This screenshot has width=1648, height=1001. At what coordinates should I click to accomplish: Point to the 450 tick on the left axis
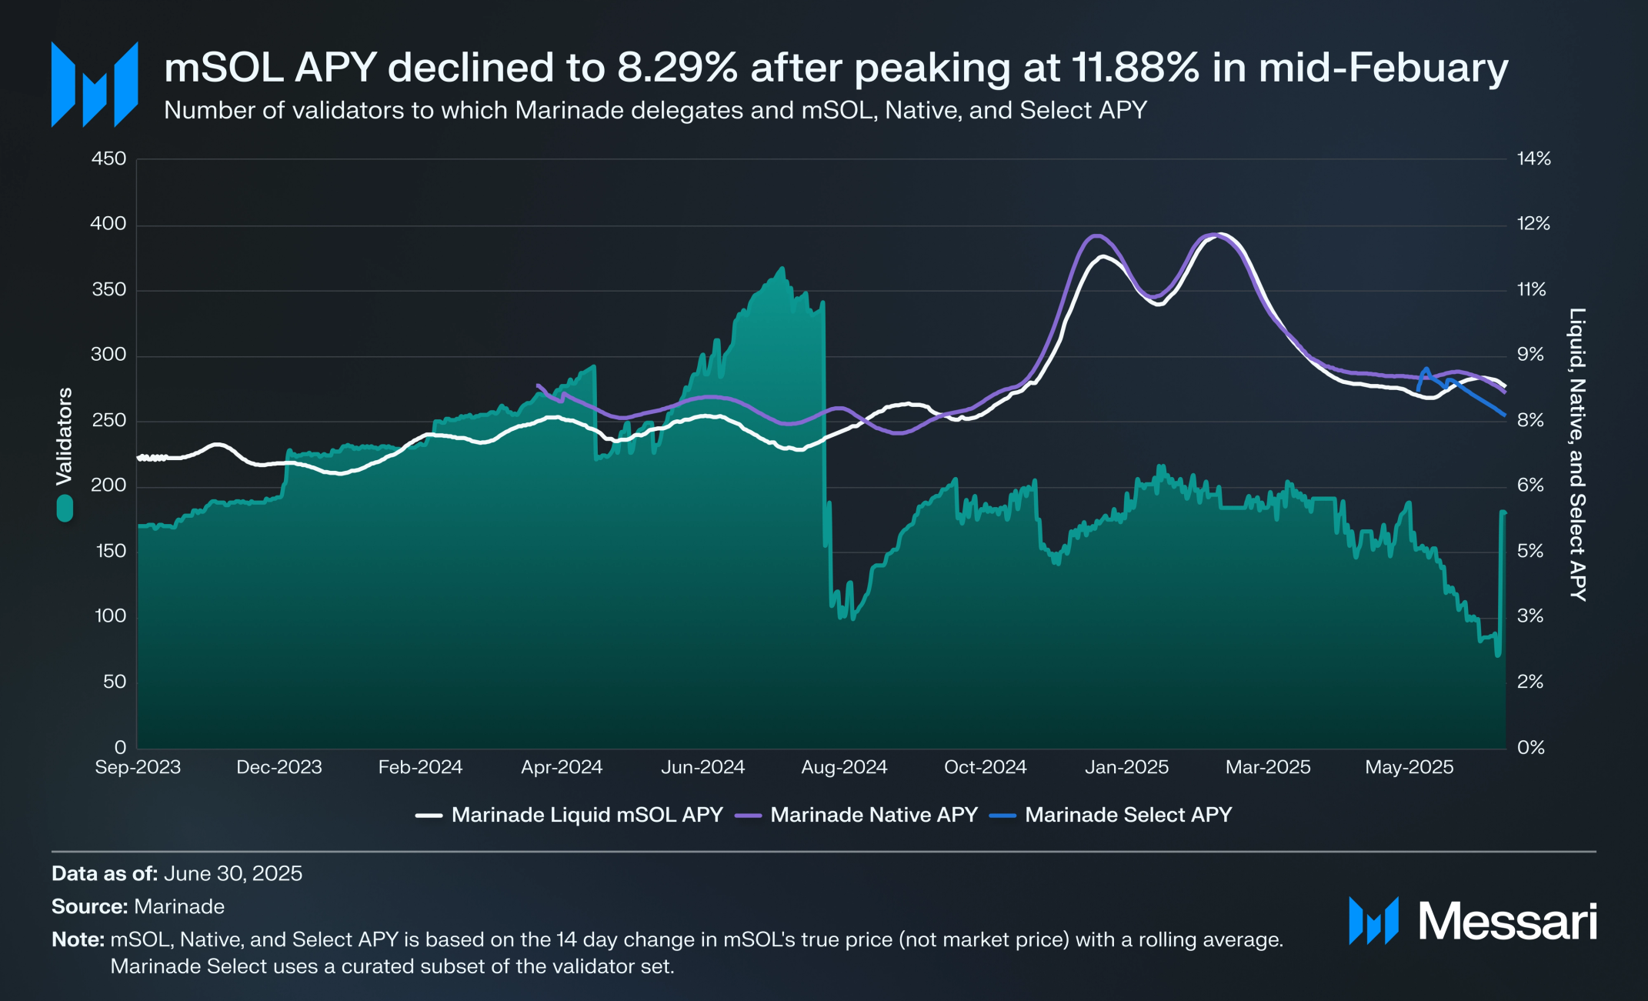coord(108,158)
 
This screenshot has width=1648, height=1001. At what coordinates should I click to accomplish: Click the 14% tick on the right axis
coord(1533,158)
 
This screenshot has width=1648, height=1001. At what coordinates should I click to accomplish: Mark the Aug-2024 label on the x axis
coord(844,767)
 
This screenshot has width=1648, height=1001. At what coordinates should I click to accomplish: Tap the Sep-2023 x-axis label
coord(138,767)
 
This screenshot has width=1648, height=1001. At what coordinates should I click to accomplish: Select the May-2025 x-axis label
coord(1409,767)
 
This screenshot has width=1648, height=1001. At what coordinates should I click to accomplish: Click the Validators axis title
coord(64,436)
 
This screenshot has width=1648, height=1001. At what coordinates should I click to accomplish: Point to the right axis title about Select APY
coord(1577,454)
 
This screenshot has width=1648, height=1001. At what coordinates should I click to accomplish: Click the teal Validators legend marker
coord(65,508)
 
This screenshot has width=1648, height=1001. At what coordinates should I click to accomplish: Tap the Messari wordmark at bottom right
coord(1507,921)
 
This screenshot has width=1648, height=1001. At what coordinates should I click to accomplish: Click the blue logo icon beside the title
coord(95,84)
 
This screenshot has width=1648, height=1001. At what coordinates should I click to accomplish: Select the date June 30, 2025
coord(232,873)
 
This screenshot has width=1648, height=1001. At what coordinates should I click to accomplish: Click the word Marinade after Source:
coord(179,906)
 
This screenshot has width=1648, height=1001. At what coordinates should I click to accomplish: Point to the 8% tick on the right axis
coord(1530,420)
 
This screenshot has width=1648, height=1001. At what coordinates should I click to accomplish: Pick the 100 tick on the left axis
coord(110,616)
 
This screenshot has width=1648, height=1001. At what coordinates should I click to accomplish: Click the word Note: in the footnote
coord(78,939)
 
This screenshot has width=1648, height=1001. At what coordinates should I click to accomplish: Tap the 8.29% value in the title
coord(677,68)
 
